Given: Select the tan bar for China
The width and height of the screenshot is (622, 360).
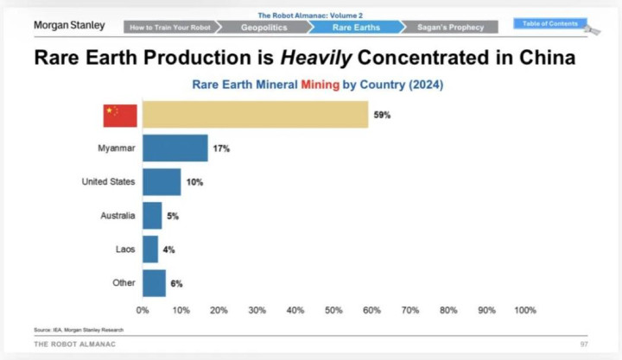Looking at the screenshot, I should pos(255,115).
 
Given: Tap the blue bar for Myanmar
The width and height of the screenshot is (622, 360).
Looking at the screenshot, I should pos(175,148).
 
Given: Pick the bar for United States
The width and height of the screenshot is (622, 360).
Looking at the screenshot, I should pos(162,182).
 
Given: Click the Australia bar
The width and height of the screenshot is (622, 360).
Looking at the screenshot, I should pos(152,216).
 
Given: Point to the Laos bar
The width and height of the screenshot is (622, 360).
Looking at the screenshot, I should pos(150,249).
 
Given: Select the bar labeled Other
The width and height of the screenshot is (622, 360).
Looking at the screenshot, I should pos(154,283).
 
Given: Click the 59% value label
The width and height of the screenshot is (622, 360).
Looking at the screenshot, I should pos(382,115).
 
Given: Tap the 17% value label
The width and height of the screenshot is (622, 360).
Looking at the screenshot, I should pos(222,148).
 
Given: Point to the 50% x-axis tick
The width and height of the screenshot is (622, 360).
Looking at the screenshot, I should pos(333,310).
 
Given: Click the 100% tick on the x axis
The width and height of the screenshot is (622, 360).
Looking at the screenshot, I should pos(524,310).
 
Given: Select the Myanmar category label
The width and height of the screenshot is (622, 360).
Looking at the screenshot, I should pos(116,148).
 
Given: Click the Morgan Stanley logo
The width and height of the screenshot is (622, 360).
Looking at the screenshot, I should pos(69,25).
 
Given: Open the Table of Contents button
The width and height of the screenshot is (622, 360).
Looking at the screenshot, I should pos(549,23).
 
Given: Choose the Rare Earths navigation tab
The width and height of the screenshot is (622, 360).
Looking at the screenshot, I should pos(355,28).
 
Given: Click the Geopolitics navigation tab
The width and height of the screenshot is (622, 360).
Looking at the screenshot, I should pos(263,28).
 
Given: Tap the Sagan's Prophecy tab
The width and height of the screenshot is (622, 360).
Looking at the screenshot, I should pos(450,28).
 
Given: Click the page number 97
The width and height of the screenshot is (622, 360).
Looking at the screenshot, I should pos(584,344).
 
